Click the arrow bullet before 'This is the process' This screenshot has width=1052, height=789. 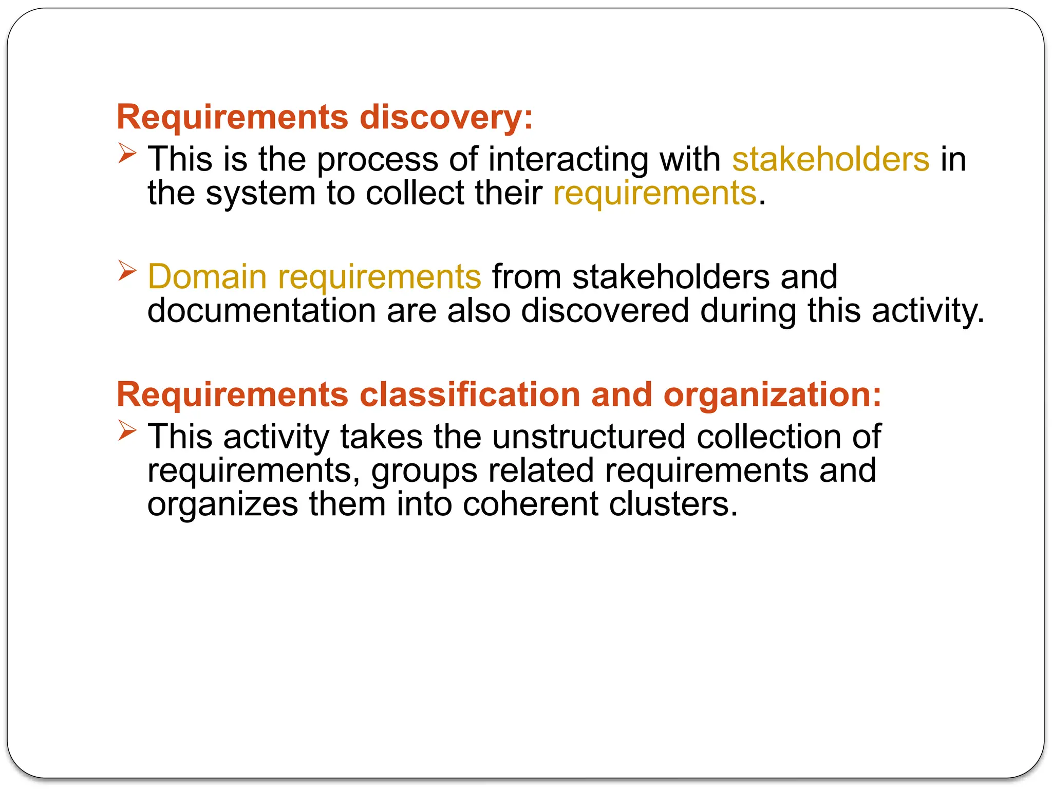[x=127, y=153]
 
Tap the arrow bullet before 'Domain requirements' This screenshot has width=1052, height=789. [x=127, y=271]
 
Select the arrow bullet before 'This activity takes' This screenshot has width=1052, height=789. [x=127, y=430]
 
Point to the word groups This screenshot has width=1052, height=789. [x=424, y=471]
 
